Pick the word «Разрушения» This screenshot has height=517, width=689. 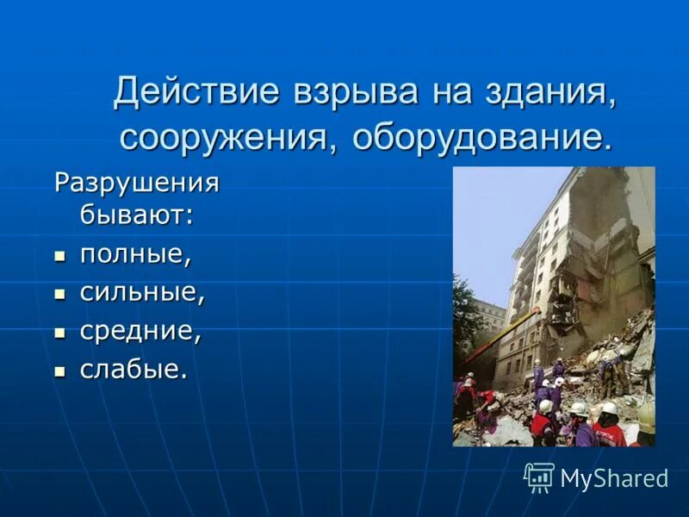[137, 183]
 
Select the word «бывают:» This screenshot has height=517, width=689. [137, 215]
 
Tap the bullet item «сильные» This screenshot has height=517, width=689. [143, 294]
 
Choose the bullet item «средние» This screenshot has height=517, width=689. [141, 332]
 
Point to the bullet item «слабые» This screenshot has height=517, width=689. [133, 370]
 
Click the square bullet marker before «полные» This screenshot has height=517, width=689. [59, 256]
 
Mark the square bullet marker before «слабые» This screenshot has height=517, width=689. [59, 371]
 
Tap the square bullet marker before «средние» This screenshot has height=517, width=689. [59, 333]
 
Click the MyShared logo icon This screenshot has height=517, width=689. [539, 477]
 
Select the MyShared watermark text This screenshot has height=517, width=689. [614, 478]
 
